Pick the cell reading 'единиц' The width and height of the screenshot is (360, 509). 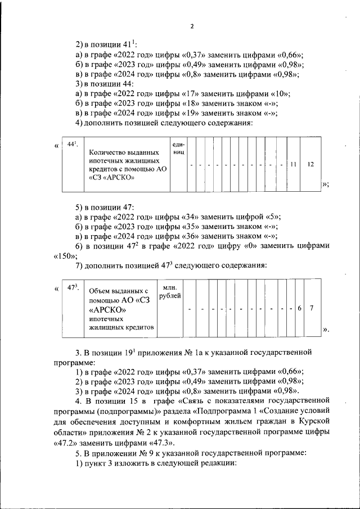tap(178, 148)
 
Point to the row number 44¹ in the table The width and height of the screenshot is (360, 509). tap(71, 145)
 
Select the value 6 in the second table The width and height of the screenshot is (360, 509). tap(299, 308)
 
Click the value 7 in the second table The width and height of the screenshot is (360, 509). tap(311, 308)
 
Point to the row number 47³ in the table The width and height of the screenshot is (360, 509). tap(72, 288)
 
